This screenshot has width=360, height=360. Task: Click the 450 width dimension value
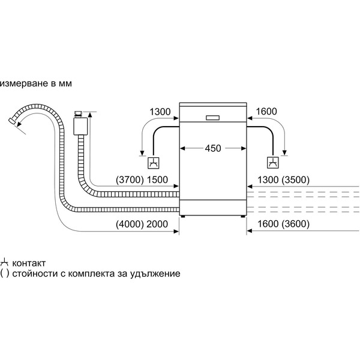[x=214, y=148]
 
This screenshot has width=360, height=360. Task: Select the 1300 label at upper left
[x=160, y=111]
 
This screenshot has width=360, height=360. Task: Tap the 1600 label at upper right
[x=267, y=111]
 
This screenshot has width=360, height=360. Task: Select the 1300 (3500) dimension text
[x=283, y=180]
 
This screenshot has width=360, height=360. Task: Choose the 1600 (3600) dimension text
[x=283, y=224]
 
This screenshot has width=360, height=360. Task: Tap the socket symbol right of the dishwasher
[x=273, y=163]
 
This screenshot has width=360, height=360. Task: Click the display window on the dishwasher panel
[x=214, y=118]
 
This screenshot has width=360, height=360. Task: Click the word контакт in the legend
[x=28, y=263]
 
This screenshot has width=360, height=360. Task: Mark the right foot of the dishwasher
[x=241, y=215]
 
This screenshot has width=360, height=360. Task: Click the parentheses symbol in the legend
[x=5, y=274]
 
